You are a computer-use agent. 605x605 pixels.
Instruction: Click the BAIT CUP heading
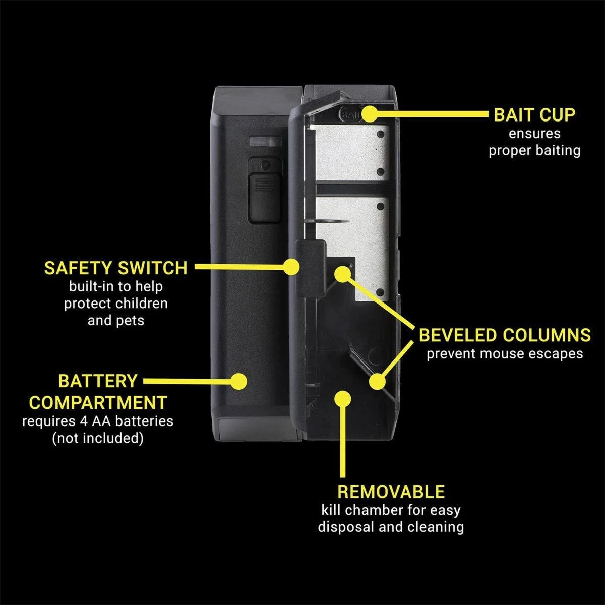(534, 115)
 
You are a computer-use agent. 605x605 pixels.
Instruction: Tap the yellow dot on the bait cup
(371, 113)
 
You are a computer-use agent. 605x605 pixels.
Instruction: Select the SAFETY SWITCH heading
(116, 268)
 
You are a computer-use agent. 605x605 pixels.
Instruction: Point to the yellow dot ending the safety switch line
(291, 267)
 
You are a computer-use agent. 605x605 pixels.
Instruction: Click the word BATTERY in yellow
(98, 381)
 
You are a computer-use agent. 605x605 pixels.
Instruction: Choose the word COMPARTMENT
(98, 402)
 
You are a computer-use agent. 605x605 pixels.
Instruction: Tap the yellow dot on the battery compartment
(238, 381)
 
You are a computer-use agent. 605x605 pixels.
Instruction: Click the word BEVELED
(458, 335)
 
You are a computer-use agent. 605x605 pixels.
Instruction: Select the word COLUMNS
(547, 335)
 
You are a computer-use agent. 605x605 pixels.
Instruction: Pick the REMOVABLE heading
(391, 492)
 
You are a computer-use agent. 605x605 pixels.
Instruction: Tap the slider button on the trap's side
(264, 199)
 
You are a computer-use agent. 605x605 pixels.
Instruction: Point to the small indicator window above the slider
(265, 141)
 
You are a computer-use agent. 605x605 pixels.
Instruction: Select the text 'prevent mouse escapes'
(505, 354)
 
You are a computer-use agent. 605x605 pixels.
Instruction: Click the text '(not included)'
(98, 438)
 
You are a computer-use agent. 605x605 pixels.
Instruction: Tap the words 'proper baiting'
(534, 151)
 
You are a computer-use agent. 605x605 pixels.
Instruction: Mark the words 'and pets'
(116, 321)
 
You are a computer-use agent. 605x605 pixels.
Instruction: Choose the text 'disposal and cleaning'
(391, 527)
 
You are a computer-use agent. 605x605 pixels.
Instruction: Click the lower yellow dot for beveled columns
(377, 382)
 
